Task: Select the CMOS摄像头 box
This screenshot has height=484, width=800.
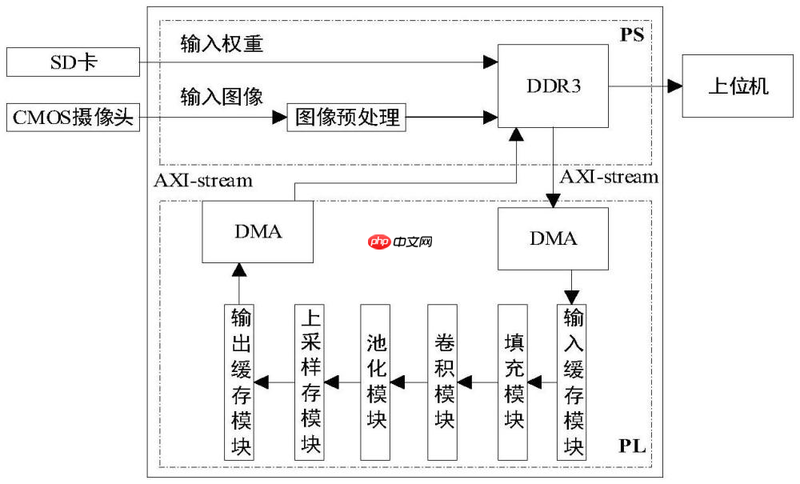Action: (72, 119)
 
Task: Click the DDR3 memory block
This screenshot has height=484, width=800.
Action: (553, 86)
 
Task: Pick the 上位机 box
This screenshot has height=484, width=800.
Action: (738, 86)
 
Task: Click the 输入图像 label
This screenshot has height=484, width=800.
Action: (222, 98)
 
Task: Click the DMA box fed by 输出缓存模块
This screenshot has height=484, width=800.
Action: (257, 232)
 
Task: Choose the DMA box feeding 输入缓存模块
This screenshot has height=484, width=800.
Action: (553, 238)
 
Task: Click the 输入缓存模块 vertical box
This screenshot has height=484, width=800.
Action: (573, 382)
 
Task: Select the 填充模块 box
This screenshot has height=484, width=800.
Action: (513, 382)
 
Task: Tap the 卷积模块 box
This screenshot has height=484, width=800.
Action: (443, 382)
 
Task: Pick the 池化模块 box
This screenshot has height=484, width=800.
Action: (375, 382)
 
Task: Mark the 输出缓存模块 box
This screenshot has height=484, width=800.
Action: (240, 382)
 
